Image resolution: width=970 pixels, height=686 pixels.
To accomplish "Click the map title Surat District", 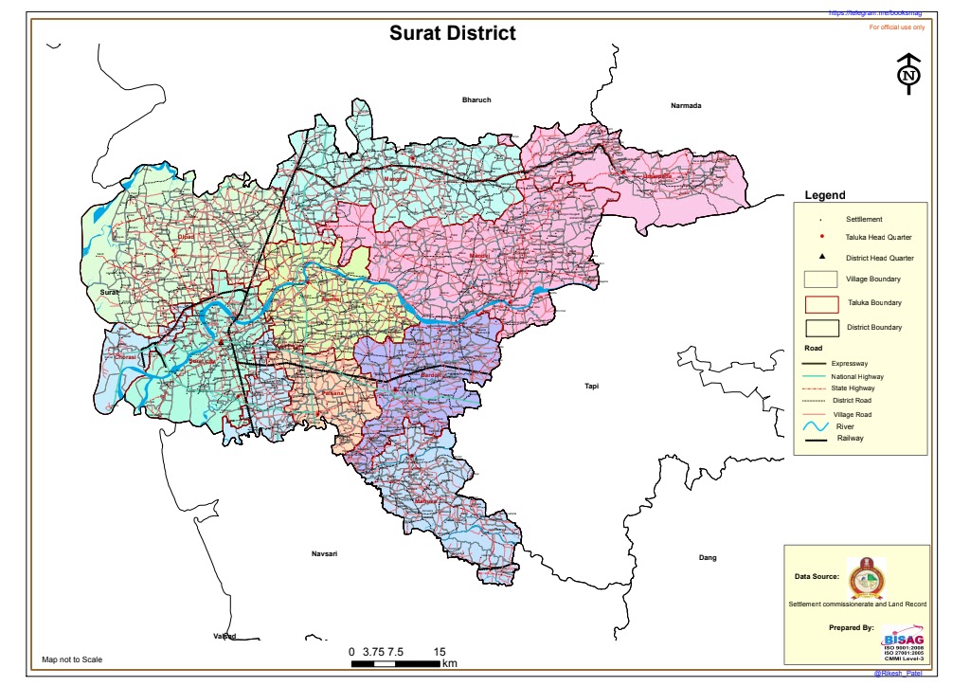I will tap(453, 33).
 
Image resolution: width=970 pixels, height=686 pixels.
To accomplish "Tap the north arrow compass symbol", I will tap(908, 75).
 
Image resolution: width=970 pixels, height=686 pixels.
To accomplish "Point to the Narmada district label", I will tap(686, 105).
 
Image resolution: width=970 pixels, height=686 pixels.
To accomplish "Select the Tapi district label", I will tap(592, 386).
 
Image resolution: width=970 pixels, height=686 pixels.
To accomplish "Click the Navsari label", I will tap(325, 552).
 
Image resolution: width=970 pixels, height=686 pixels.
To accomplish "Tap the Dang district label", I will tap(708, 557).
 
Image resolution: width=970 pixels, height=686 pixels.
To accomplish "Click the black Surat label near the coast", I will tap(110, 294).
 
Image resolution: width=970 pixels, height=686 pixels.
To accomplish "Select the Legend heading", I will tap(824, 195).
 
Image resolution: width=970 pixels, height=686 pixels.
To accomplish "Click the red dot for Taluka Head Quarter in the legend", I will tap(821, 237).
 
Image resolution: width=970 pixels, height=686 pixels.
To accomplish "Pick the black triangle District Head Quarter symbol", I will tap(821, 258).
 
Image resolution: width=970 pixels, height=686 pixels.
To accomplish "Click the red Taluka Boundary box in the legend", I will tap(821, 303).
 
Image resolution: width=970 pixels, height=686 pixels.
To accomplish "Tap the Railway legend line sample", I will tap(816, 439).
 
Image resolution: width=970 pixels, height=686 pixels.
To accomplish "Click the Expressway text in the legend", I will tap(850, 364).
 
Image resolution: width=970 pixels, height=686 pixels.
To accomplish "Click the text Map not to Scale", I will tap(72, 659).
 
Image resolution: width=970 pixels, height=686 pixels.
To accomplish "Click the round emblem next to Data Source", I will tap(863, 575).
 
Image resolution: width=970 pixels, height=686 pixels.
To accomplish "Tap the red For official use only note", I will tap(896, 27).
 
